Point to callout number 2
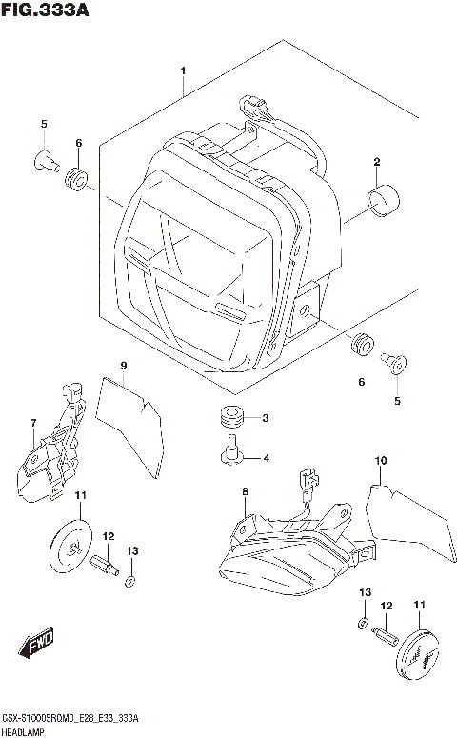[377, 161]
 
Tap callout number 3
[266, 418]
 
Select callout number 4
[266, 458]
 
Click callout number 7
[32, 423]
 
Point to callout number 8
[245, 491]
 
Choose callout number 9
[124, 367]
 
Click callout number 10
[380, 462]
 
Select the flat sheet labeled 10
[409, 529]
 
